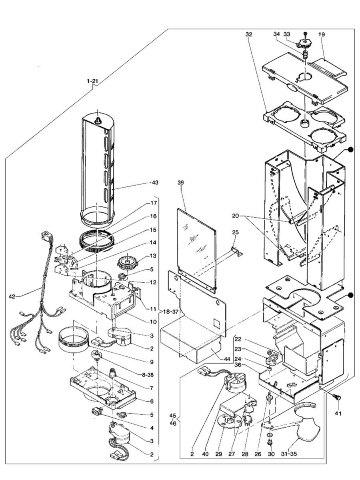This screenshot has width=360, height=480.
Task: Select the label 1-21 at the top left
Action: [92, 81]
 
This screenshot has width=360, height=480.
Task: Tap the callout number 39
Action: [181, 182]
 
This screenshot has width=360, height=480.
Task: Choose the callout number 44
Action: [227, 359]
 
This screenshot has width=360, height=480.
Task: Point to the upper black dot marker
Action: [350, 150]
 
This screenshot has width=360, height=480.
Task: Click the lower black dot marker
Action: [350, 296]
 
